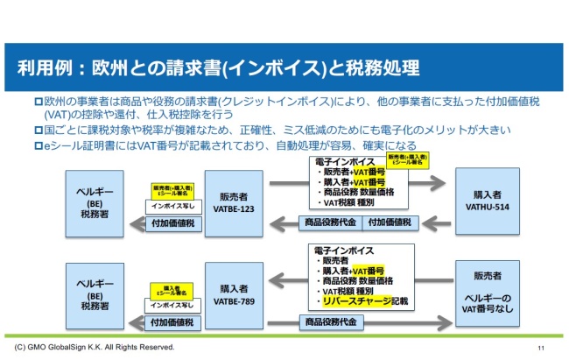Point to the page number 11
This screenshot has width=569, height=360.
(540, 349)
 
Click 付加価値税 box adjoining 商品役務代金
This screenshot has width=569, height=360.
(391, 223)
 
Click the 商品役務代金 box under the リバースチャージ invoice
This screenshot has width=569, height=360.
(330, 322)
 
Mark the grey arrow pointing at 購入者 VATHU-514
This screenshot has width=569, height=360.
(428, 185)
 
